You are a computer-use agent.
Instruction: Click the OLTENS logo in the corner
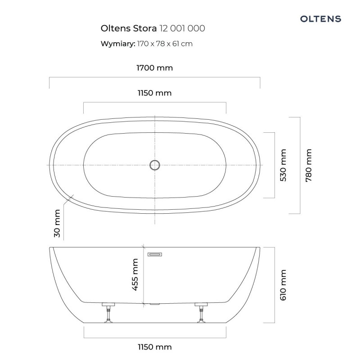(x=320, y=19)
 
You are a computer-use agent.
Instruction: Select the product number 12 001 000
(x=182, y=28)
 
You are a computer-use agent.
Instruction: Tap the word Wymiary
(x=118, y=44)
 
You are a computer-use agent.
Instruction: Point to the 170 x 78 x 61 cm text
(x=165, y=44)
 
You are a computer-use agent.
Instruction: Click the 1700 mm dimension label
(x=154, y=68)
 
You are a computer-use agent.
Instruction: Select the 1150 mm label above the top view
(x=154, y=93)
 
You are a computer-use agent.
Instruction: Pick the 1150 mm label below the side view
(x=154, y=347)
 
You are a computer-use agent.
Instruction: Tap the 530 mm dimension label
(x=283, y=165)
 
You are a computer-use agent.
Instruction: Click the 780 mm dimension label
(x=309, y=165)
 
